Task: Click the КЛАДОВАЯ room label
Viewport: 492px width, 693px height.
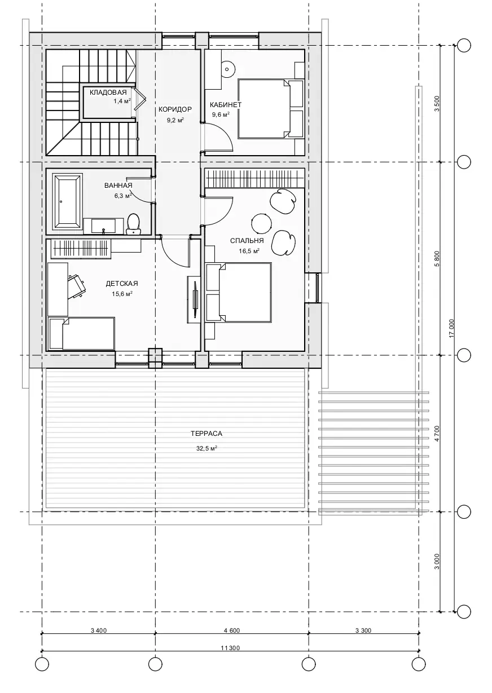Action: click(x=108, y=92)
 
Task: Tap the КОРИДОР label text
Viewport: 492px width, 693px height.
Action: click(x=175, y=109)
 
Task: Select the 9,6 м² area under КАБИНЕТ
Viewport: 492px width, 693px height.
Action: click(x=221, y=114)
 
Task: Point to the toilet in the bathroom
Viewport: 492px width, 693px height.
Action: click(x=134, y=224)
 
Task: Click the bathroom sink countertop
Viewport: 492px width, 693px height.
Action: click(x=103, y=226)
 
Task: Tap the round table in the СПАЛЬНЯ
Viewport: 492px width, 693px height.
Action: click(x=261, y=224)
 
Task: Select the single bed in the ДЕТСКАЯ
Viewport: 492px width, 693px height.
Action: click(x=82, y=333)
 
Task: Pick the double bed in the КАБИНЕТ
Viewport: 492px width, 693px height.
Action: click(x=270, y=109)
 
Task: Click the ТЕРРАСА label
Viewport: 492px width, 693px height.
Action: click(x=207, y=434)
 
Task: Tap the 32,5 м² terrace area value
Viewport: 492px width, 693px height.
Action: click(x=207, y=448)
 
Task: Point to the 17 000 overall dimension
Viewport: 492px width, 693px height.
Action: click(x=452, y=328)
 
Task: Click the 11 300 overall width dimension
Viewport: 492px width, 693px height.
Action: click(x=230, y=646)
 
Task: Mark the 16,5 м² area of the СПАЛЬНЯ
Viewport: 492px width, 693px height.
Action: click(x=249, y=251)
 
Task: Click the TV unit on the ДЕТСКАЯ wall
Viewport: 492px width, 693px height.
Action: click(x=196, y=299)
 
